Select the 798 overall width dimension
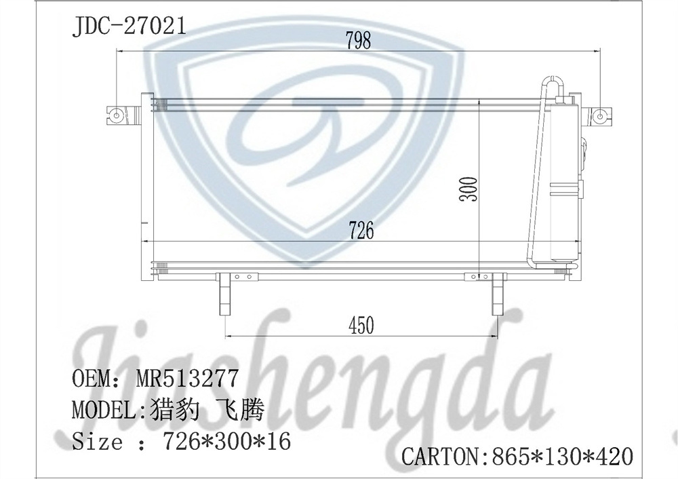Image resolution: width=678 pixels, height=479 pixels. point(358,41)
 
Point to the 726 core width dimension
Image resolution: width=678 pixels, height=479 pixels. point(361,231)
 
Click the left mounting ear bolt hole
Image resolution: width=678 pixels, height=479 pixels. point(117,115)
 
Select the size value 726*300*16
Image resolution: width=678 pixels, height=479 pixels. point(226,442)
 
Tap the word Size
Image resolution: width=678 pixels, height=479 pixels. point(98,442)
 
